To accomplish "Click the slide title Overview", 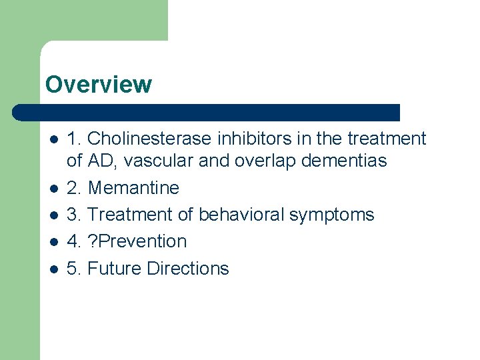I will click(x=98, y=85).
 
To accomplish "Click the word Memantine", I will click(x=133, y=188).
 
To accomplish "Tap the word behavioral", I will click(x=241, y=215).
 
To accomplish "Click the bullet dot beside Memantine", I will click(x=54, y=189).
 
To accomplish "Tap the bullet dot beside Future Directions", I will click(x=54, y=269).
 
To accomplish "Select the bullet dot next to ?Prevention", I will click(x=54, y=242).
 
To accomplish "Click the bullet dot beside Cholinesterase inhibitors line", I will click(x=54, y=139).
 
